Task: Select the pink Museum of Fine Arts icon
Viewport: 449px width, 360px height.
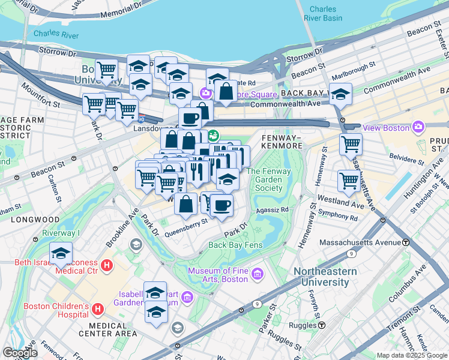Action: click(258, 275)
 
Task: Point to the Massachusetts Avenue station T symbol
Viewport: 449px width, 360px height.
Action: click(406, 242)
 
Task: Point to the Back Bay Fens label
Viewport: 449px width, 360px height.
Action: click(235, 245)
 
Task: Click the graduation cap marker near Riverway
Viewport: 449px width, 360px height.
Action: click(61, 253)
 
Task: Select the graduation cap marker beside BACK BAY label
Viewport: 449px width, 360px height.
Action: click(340, 94)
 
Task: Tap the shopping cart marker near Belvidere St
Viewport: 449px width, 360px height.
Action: click(351, 144)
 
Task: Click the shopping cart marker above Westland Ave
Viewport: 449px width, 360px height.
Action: click(348, 180)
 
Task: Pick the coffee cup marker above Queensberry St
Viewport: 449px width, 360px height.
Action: click(221, 205)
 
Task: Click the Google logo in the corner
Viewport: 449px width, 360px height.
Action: click(19, 353)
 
